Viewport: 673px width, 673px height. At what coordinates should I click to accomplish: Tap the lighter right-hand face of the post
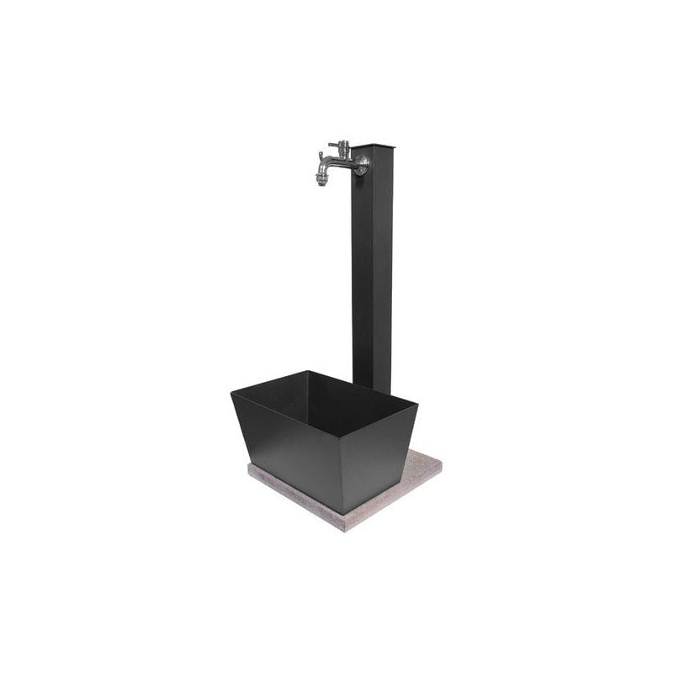pos(383,269)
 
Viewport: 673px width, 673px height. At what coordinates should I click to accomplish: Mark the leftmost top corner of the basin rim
pos(231,389)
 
